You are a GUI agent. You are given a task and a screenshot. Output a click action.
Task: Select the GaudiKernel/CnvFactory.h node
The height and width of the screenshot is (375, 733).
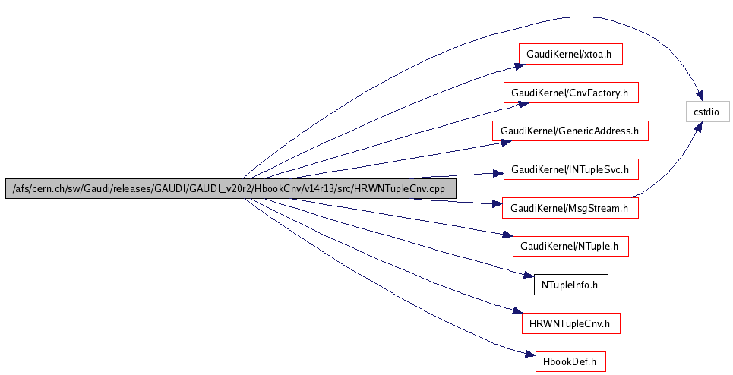570,93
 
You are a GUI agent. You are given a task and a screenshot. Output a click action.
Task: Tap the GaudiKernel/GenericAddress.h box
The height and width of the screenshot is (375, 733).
570,131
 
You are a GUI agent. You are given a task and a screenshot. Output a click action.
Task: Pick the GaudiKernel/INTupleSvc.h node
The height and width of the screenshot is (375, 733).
570,169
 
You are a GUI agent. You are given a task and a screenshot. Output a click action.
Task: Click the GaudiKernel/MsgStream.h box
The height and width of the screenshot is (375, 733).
570,208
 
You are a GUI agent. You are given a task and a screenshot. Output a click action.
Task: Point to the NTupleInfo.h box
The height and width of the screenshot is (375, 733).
570,285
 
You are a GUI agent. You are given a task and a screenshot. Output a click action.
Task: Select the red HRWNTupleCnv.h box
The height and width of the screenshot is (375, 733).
570,323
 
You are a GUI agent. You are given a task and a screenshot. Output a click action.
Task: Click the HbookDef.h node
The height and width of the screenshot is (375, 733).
570,361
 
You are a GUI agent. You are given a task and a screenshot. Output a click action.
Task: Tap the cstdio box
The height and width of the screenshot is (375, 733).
707,112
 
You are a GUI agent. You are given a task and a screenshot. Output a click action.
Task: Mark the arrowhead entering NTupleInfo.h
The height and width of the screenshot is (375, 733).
529,278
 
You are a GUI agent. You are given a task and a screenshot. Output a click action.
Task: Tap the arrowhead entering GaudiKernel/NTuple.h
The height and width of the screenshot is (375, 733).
508,238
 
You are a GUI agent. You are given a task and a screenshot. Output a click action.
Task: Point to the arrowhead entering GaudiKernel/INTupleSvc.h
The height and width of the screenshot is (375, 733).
498,173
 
